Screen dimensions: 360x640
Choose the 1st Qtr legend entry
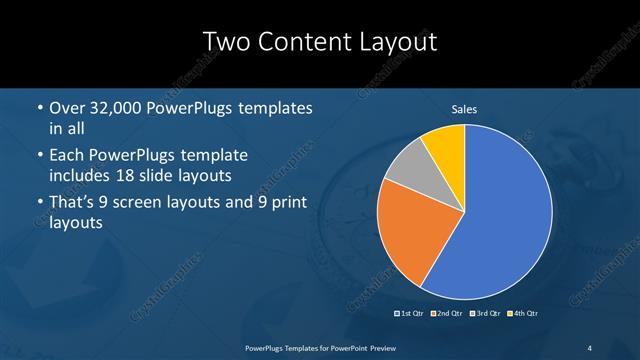coord(410,314)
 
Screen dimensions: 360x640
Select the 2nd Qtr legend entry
coord(447,314)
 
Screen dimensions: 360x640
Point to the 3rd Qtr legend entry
coord(486,314)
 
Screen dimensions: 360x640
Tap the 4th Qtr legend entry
coord(524,314)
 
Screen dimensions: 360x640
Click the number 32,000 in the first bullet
coord(120,108)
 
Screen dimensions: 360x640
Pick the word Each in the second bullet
coord(67,156)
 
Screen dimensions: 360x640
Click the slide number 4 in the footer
coord(588,347)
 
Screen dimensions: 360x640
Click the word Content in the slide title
coord(306,42)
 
